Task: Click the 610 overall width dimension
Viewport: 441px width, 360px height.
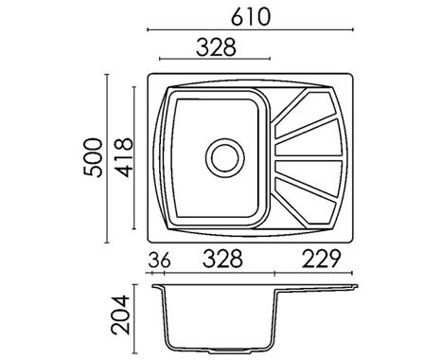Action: click(x=251, y=17)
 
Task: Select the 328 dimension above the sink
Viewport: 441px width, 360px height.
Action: click(x=216, y=47)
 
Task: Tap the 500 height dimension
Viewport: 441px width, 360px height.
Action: click(x=93, y=157)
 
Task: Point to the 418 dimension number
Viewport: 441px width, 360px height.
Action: click(x=124, y=157)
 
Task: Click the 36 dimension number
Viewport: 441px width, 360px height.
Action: click(x=159, y=260)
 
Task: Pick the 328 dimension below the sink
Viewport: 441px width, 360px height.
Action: click(x=222, y=259)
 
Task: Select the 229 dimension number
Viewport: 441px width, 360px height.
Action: click(x=322, y=259)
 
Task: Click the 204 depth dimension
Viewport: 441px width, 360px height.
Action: click(x=120, y=315)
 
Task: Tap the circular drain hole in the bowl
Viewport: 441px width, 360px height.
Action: click(x=225, y=158)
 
